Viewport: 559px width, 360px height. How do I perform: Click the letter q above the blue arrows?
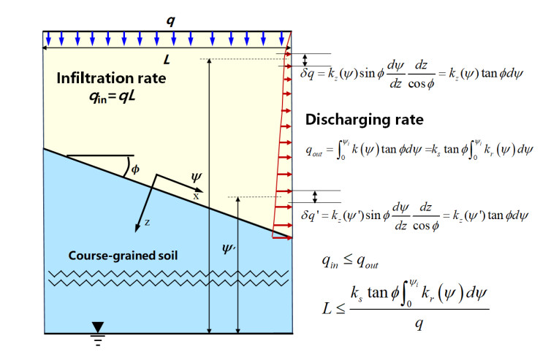(x=170, y=20)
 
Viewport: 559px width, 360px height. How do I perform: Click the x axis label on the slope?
(x=195, y=196)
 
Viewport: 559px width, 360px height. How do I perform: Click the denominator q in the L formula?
(x=419, y=325)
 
